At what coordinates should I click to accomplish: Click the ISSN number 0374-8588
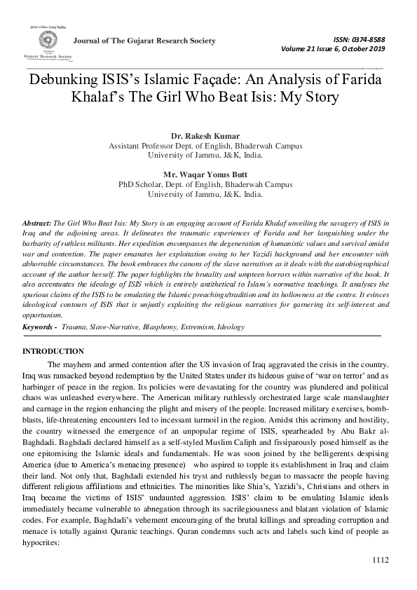[x=366, y=39]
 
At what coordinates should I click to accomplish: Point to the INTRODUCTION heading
[x=53, y=351]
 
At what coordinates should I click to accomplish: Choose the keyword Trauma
[x=74, y=327]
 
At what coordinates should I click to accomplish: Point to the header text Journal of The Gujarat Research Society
[x=144, y=41]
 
